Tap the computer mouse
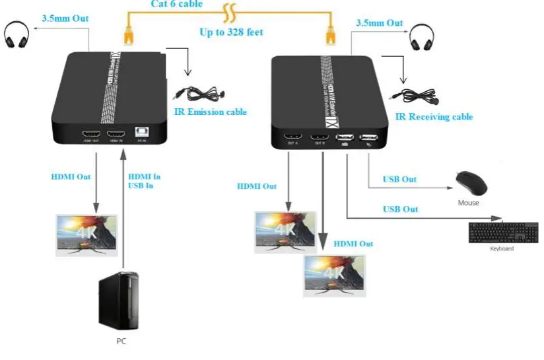[x=471, y=183]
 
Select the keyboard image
[x=502, y=233]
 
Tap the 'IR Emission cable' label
[x=210, y=112]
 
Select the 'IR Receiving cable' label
[x=434, y=117]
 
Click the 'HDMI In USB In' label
[x=144, y=181]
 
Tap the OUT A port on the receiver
[x=291, y=139]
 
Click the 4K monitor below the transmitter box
[x=86, y=234]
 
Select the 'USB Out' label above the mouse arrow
[x=400, y=179]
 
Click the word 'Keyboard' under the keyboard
[x=502, y=248]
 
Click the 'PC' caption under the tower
[x=120, y=342]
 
